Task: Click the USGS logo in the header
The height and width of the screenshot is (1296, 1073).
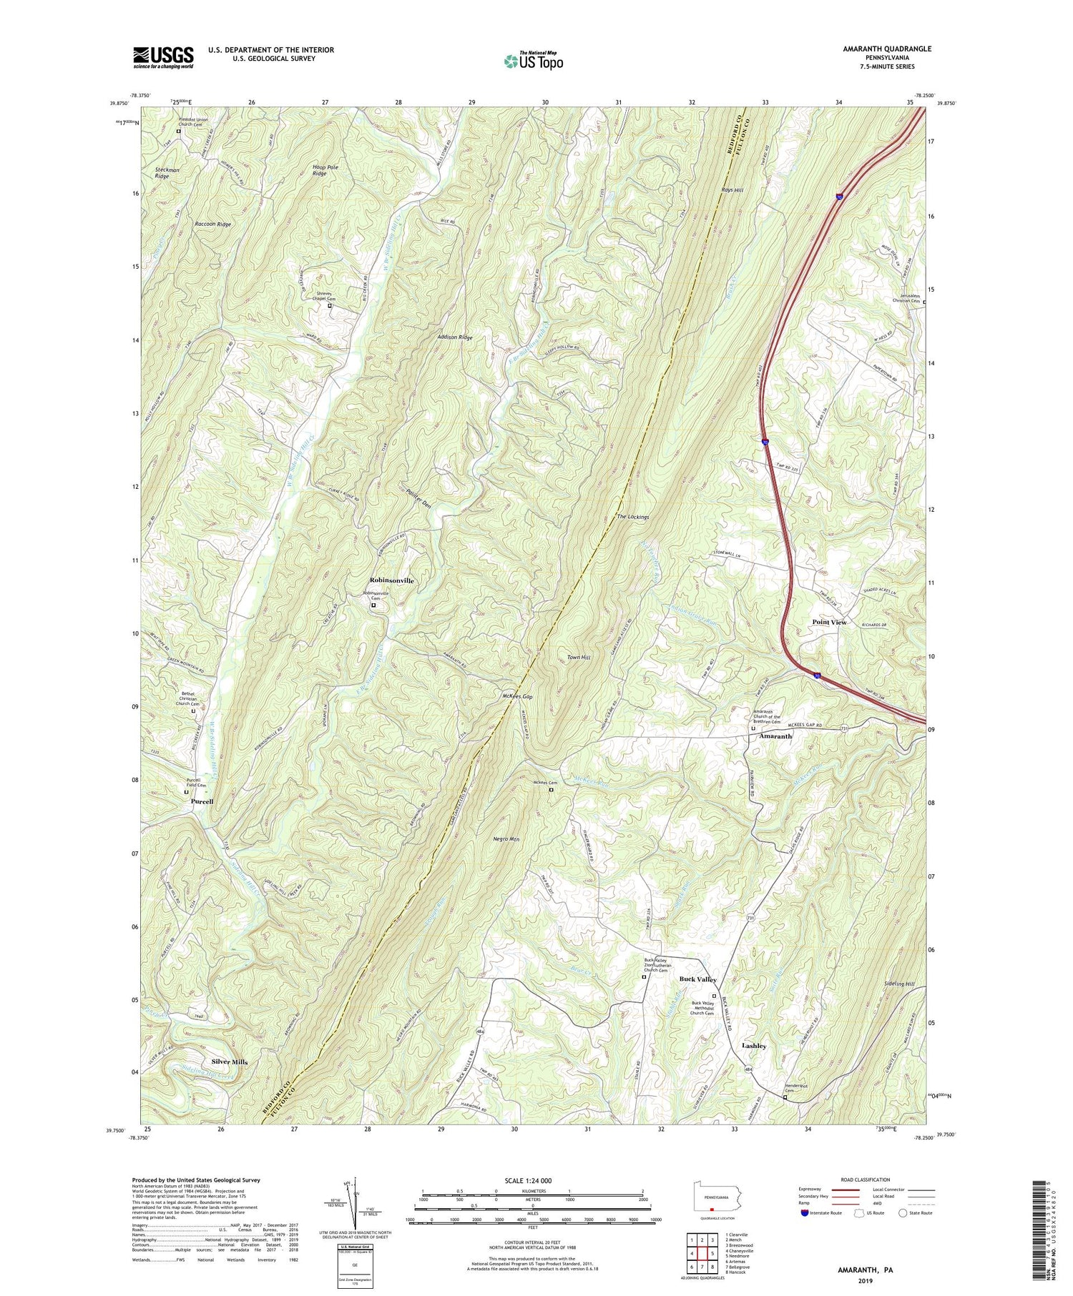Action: point(163,57)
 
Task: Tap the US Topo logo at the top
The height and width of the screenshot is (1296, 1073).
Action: point(533,61)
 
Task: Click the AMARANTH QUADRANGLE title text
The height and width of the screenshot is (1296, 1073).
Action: point(887,49)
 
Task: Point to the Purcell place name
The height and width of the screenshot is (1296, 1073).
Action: point(202,802)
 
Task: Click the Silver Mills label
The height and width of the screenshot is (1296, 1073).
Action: point(229,1062)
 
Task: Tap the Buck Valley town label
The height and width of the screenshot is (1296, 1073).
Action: point(697,979)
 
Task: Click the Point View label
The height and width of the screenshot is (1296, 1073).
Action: point(829,622)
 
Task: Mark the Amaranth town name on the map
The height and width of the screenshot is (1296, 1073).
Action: point(775,736)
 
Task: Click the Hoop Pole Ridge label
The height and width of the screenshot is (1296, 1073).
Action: point(325,170)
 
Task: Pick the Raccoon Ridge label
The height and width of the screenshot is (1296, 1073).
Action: point(212,224)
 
